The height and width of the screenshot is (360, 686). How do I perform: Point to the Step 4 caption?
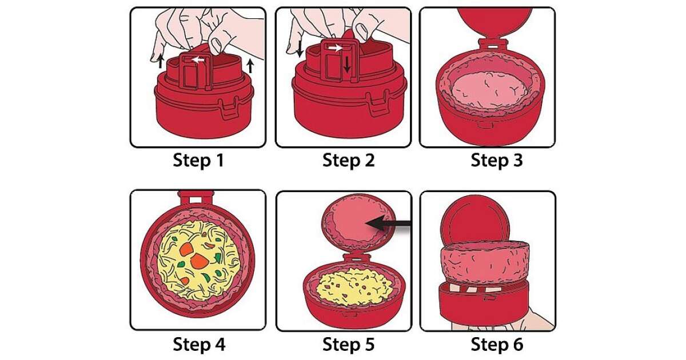(x=198, y=345)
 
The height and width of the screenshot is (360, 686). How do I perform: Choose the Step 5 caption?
(x=348, y=345)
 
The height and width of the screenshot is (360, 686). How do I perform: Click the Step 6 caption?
(x=497, y=345)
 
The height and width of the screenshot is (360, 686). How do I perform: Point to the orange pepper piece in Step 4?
(x=199, y=260)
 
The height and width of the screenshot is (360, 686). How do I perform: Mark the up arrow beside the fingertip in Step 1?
(x=161, y=61)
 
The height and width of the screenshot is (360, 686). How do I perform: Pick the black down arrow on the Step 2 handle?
(x=347, y=68)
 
